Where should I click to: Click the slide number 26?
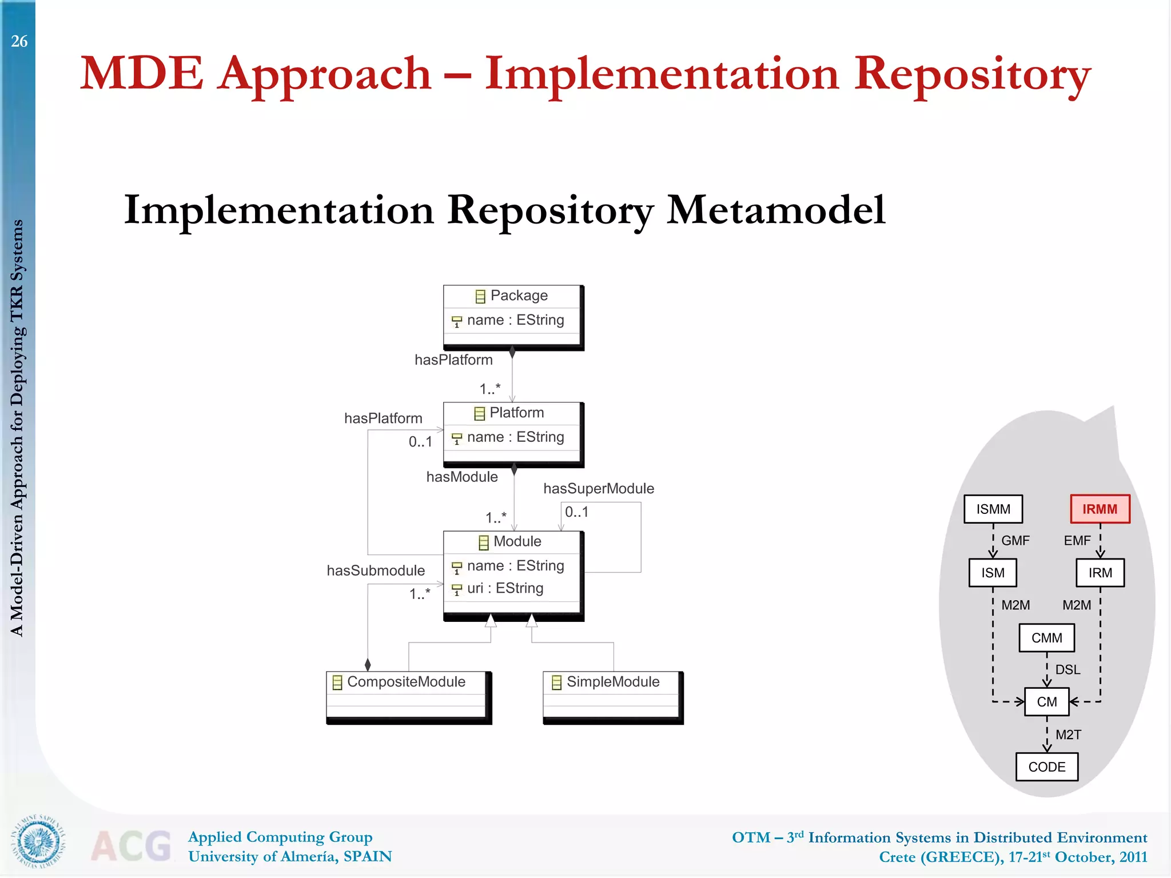(x=19, y=41)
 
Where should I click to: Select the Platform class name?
(x=516, y=413)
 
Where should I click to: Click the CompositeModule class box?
(x=408, y=697)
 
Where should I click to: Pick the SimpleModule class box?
(x=612, y=697)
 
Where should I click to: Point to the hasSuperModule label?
(x=598, y=489)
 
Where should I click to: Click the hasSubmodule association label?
(x=376, y=570)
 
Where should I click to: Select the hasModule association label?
(x=462, y=477)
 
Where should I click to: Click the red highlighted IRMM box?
(x=1100, y=509)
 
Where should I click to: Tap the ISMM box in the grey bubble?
(x=993, y=509)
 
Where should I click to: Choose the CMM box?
(x=1046, y=638)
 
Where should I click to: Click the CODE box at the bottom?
(x=1046, y=767)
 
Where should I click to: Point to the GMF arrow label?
(x=1015, y=541)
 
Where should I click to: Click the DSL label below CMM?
(x=1068, y=670)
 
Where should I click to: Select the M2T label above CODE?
(x=1068, y=735)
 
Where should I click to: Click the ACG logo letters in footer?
(x=132, y=847)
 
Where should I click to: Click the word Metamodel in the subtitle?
(x=776, y=210)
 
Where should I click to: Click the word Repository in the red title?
(x=972, y=74)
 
